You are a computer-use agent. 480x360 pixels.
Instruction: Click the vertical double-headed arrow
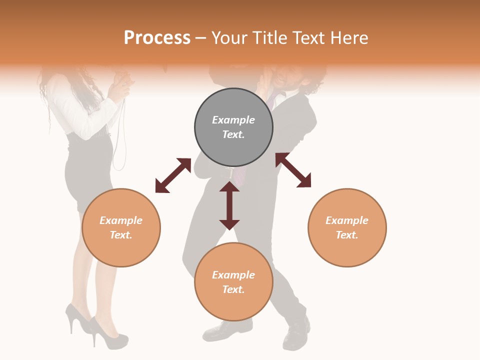click(229, 205)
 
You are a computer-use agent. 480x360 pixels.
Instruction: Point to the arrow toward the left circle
click(173, 175)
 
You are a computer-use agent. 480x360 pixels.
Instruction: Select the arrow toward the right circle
click(293, 170)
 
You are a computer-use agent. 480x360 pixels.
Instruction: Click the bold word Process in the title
click(157, 38)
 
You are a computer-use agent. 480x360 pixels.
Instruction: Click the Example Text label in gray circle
click(233, 127)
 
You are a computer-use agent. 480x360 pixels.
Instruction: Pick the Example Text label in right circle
click(347, 227)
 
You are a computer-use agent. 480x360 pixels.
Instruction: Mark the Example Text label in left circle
click(121, 227)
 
